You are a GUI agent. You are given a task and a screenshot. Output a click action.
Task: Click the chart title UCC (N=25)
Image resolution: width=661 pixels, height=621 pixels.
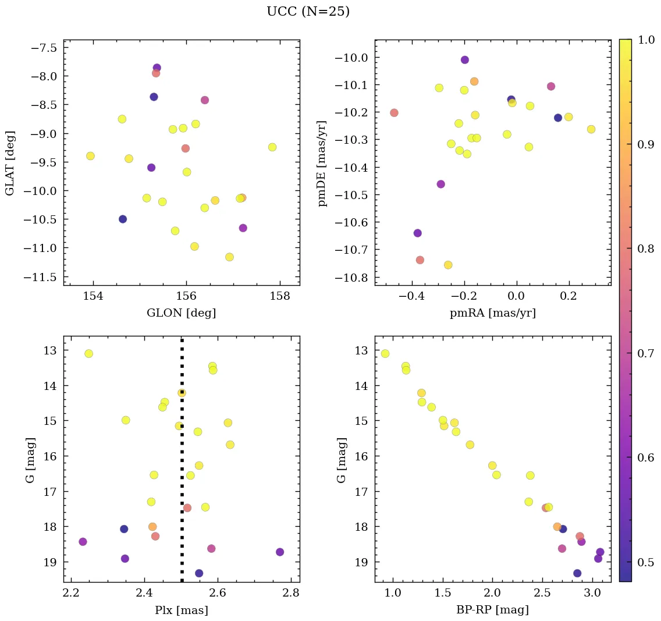(x=308, y=12)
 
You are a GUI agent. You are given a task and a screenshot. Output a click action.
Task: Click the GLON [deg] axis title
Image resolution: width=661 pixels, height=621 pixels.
(x=181, y=313)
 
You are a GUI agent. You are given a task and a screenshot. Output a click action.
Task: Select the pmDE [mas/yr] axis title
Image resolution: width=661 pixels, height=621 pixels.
(x=323, y=164)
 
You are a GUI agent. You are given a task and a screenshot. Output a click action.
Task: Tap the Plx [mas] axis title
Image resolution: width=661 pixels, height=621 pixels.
(x=181, y=611)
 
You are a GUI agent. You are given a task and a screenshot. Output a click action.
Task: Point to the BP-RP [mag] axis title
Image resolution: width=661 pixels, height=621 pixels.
(x=492, y=611)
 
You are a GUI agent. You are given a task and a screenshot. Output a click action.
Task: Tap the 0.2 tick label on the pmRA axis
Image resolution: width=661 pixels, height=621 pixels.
(x=568, y=296)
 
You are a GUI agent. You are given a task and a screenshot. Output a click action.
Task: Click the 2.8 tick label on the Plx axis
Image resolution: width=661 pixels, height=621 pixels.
(x=292, y=594)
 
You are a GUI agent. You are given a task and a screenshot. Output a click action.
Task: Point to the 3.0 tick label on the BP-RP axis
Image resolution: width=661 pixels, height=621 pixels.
(x=592, y=594)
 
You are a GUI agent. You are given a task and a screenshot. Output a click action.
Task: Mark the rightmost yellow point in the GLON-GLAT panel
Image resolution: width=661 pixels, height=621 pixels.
(x=272, y=147)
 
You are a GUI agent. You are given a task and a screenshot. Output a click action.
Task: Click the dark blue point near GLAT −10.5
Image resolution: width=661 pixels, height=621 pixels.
(x=123, y=219)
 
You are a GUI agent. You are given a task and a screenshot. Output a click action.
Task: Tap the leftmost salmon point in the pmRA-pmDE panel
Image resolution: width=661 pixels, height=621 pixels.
(x=394, y=113)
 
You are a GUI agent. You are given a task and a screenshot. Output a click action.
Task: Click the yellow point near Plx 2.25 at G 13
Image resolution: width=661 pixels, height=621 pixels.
(x=88, y=354)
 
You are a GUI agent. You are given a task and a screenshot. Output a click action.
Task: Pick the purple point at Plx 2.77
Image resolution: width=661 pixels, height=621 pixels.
(x=280, y=552)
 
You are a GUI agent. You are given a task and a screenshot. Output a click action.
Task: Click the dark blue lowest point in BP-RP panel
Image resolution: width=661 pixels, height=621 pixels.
(x=577, y=573)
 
